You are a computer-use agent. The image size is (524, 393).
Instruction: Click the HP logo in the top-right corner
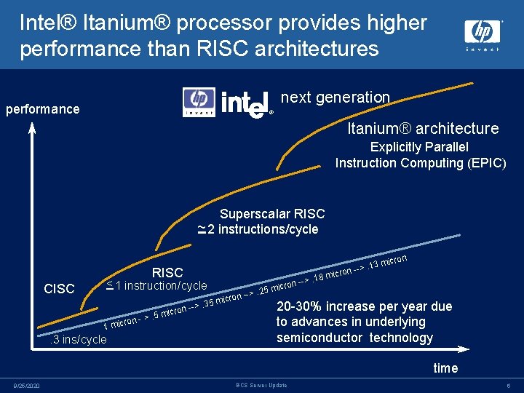483,33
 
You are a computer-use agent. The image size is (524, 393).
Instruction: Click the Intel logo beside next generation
246,104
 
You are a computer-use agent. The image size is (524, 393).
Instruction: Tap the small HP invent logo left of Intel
198,103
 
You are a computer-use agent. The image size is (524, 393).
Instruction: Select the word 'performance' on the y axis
42,109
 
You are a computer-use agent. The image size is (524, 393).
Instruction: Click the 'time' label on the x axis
445,368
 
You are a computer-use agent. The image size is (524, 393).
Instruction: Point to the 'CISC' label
59,289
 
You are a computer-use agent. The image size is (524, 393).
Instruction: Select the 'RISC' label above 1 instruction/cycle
167,273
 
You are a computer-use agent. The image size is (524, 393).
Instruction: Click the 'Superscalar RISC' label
272,214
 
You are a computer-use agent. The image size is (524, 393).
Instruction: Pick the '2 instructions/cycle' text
263,230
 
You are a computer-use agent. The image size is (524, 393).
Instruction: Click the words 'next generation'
335,98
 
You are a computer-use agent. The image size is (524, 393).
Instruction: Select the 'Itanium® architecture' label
423,129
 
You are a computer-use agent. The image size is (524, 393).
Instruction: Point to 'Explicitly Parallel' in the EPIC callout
420,148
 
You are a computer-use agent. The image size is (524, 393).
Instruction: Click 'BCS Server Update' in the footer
261,385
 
